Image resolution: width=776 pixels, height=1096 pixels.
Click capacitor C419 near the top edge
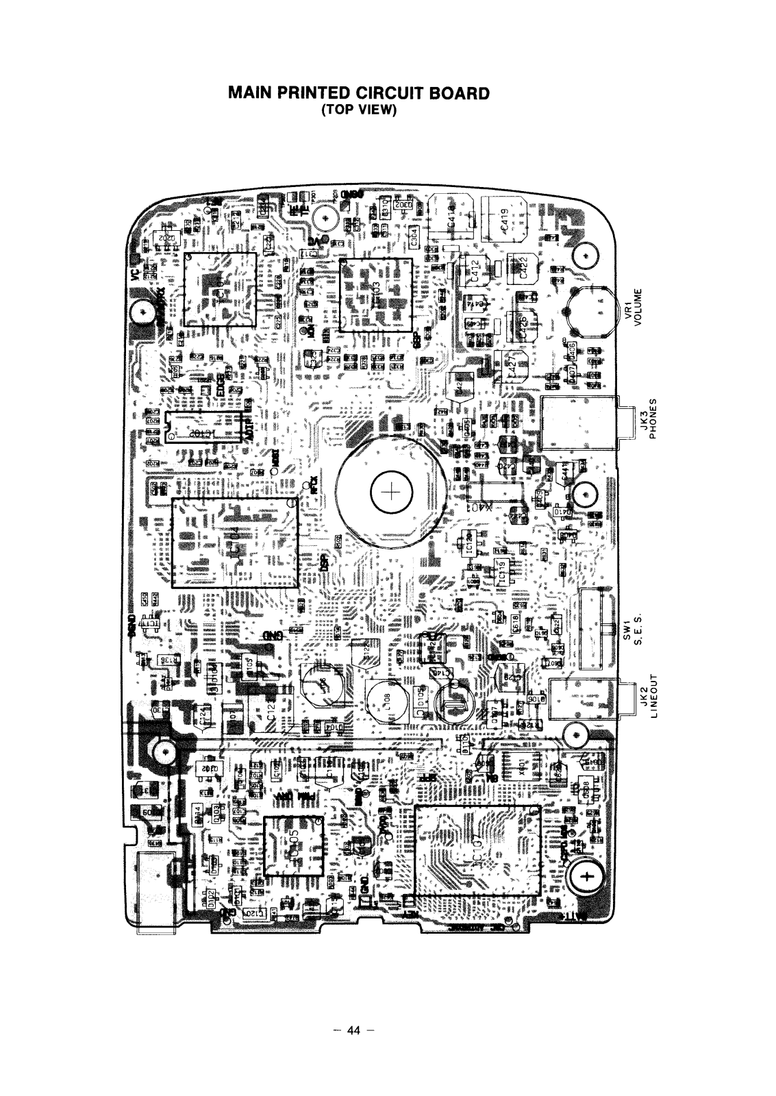coord(503,220)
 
